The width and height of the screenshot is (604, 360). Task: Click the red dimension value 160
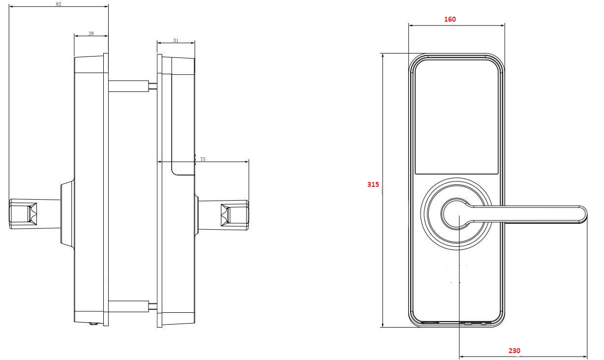pos(450,19)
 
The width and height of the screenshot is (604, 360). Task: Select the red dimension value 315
pos(373,185)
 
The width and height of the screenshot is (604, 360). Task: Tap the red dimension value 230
pos(514,351)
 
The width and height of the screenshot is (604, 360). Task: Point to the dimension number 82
pos(59,4)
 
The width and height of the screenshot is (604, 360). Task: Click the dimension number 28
pos(91,33)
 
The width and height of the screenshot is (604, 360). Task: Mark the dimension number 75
pos(203,159)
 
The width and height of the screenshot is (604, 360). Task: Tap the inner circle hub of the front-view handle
pos(456,214)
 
